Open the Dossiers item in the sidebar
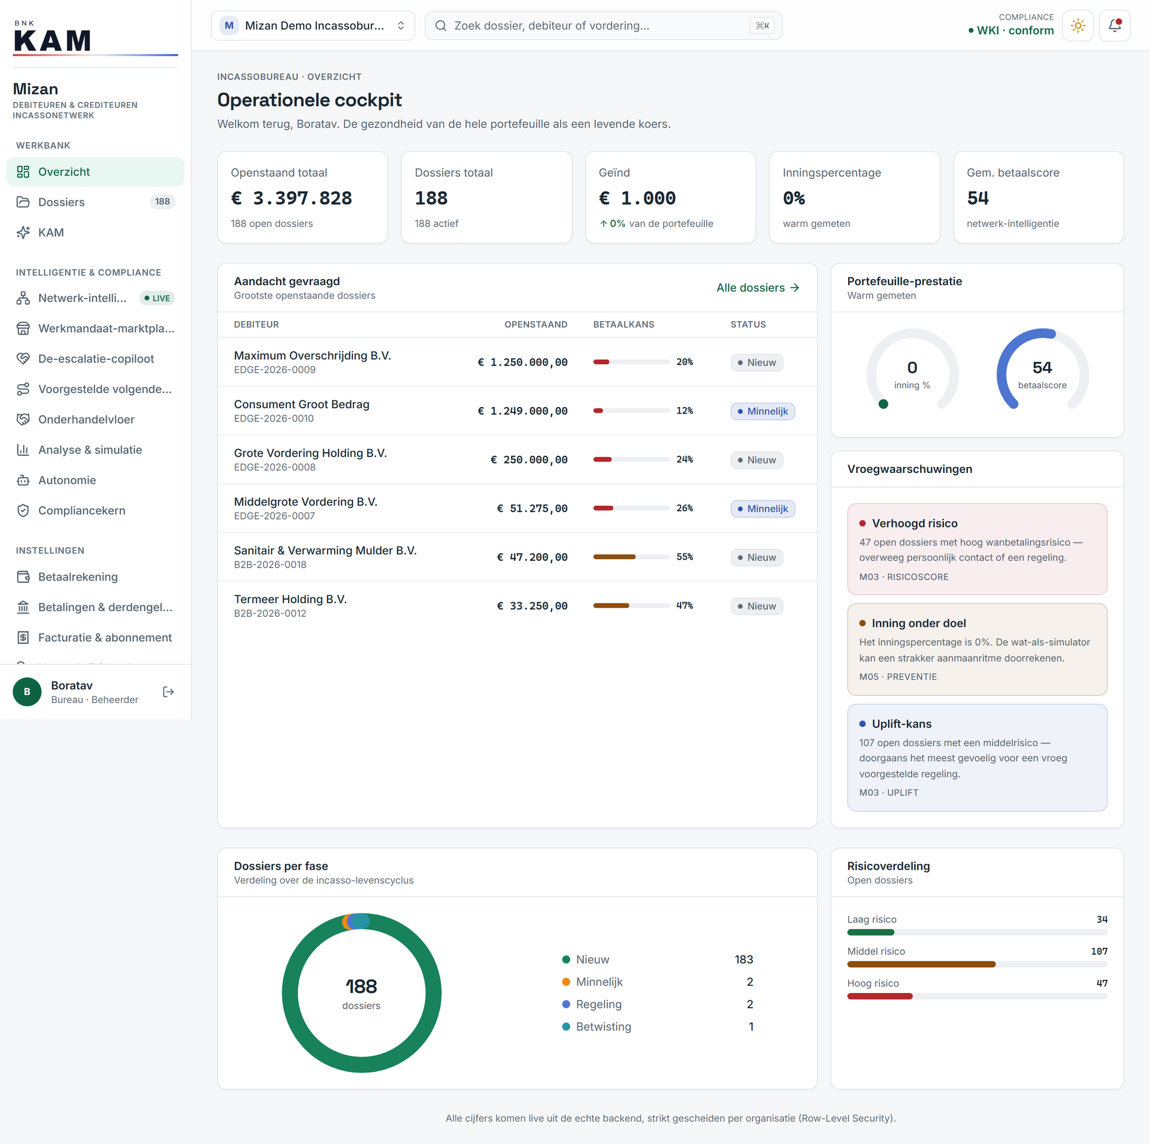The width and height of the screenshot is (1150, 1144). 61,202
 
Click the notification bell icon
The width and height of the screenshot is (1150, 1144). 1114,26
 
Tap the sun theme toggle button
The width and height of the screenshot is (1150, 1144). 1078,26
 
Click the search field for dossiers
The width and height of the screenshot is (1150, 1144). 603,26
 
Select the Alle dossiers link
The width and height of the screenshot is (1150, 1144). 758,288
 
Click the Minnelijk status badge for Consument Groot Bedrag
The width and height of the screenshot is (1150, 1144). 762,411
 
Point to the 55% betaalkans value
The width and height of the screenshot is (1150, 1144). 685,557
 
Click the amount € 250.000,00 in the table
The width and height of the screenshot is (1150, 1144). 529,460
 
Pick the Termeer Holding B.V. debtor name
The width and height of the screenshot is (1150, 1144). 290,599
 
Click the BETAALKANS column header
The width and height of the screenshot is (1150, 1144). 624,324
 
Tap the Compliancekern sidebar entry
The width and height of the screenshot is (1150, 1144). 81,511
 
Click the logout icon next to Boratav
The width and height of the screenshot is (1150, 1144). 168,692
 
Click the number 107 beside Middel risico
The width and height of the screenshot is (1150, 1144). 1099,951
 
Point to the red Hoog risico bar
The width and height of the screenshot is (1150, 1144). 880,996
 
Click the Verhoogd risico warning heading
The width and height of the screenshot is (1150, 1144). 915,523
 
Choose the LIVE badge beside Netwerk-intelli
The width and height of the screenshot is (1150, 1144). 157,298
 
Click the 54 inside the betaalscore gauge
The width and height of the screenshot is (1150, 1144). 1042,367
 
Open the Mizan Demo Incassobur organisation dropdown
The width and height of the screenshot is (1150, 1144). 313,26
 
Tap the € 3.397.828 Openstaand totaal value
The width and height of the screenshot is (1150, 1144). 292,198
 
